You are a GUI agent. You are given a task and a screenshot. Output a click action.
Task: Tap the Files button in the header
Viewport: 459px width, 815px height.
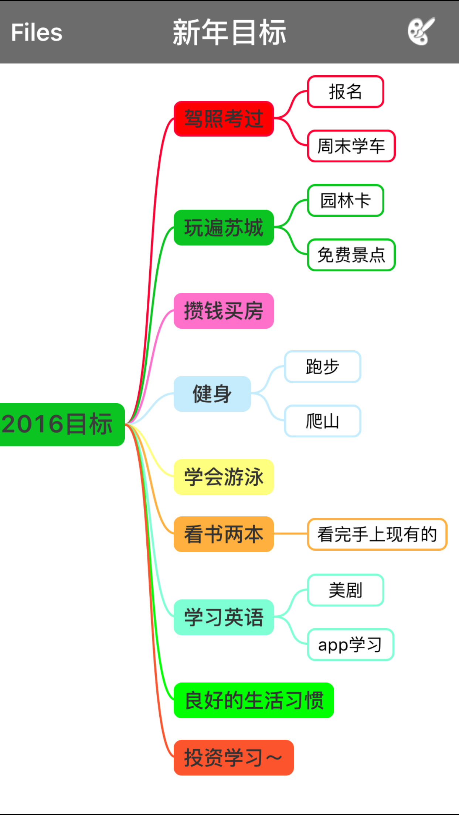click(37, 32)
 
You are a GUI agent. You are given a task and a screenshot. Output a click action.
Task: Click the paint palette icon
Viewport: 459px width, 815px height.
click(421, 32)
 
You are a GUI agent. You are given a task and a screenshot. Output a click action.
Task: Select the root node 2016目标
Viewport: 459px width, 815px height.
click(59, 424)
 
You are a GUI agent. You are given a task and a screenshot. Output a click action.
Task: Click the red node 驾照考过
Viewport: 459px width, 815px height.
click(224, 118)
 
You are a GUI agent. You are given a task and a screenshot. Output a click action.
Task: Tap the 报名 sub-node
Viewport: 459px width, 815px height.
click(346, 92)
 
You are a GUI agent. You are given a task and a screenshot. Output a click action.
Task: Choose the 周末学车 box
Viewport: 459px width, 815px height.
click(351, 146)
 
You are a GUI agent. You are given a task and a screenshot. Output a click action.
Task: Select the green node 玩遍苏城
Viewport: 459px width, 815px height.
click(224, 227)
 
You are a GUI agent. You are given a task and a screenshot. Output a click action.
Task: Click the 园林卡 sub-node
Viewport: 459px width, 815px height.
click(346, 200)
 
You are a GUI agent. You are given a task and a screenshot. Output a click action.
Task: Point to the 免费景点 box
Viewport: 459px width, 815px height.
click(351, 255)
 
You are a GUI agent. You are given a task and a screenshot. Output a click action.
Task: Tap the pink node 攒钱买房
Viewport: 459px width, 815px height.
click(224, 311)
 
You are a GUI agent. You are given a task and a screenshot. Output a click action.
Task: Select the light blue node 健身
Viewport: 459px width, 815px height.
click(212, 394)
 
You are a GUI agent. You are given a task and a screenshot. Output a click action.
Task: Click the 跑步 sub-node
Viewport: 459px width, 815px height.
click(322, 367)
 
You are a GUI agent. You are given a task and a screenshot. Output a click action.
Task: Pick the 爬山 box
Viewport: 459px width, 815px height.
click(322, 421)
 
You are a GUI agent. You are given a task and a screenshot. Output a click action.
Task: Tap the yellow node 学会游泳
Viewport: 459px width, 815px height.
click(224, 477)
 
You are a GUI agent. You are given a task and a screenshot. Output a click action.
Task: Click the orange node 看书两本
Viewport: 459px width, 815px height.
click(224, 534)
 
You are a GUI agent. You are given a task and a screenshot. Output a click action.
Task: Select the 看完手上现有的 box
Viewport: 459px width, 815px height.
click(377, 534)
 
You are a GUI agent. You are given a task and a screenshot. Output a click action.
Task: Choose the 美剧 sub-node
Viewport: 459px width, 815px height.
click(346, 590)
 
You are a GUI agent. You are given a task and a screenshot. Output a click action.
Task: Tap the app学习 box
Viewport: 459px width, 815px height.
click(350, 644)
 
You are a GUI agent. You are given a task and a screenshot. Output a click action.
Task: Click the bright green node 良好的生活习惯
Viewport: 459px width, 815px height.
click(254, 700)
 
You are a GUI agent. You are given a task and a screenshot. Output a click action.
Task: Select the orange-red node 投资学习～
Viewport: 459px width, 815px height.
click(234, 757)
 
